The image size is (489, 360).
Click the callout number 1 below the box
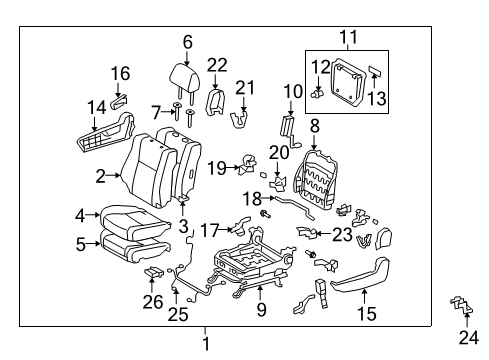tap(206, 344)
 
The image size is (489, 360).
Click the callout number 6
tap(187, 41)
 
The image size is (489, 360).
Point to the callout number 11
tap(348, 40)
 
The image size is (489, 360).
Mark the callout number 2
tap(101, 176)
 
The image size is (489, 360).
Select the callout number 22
tap(217, 65)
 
